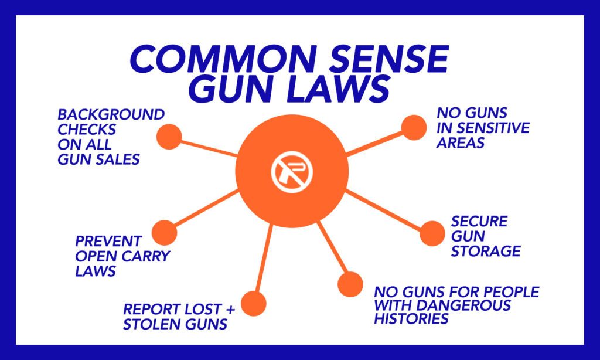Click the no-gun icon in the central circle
(x=292, y=171)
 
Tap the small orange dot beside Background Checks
(x=169, y=137)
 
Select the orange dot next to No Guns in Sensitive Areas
(x=414, y=128)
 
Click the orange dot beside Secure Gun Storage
(x=432, y=233)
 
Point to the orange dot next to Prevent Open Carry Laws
(x=164, y=232)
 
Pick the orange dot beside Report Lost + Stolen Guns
(x=253, y=303)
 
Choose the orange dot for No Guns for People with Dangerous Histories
(x=350, y=284)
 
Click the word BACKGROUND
(x=111, y=114)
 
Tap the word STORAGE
(x=486, y=251)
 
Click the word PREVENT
(x=108, y=242)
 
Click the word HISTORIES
(x=411, y=318)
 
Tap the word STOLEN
(x=153, y=324)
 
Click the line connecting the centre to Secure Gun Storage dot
(x=383, y=210)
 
